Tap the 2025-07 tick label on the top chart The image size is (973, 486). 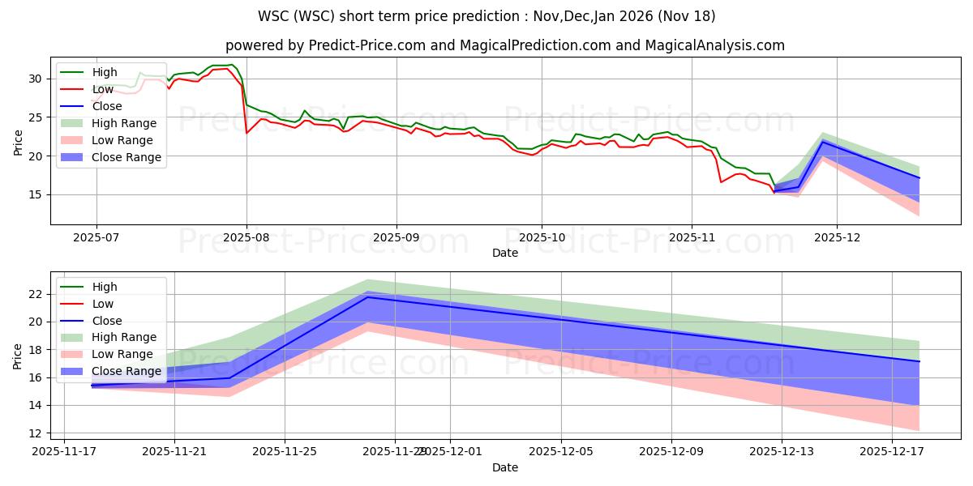pos(96,237)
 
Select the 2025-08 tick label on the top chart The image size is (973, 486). pos(246,237)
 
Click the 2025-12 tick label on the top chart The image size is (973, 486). pos(837,237)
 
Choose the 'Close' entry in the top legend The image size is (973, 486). pos(107,106)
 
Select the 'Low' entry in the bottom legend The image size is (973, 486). pos(104,304)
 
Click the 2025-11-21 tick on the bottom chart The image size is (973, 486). pos(174,451)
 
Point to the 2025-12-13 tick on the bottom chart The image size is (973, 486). pos(782,451)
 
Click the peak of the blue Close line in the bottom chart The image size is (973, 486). pos(367,297)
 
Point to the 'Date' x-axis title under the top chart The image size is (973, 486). pos(504,253)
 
